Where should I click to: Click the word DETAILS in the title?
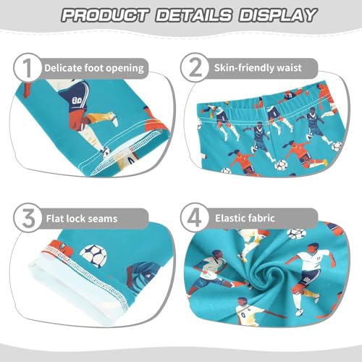coord(190,14)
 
